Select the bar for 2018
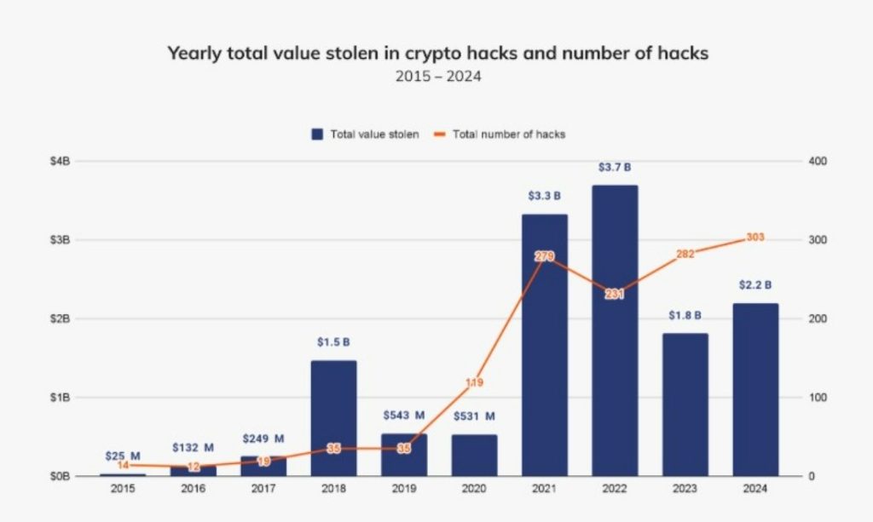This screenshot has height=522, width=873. click(333, 417)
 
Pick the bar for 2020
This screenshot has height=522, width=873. click(474, 455)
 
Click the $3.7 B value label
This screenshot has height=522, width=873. click(615, 168)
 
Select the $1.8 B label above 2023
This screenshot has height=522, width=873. click(685, 316)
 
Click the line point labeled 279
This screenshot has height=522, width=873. click(545, 256)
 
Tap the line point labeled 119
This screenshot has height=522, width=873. click(474, 382)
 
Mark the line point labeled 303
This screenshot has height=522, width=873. click(754, 238)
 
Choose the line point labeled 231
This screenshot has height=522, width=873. click(615, 294)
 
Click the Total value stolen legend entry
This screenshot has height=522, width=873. click(365, 135)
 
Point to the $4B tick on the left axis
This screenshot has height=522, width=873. click(61, 161)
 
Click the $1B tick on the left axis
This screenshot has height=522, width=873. click(61, 398)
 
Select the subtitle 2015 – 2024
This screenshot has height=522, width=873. click(436, 77)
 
